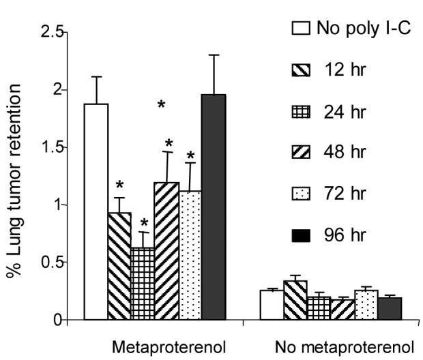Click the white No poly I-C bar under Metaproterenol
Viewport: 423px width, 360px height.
coord(96,211)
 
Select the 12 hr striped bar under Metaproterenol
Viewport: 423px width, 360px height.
coord(120,266)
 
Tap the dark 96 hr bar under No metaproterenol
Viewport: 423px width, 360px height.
coord(390,308)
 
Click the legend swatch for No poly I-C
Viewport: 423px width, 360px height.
coord(302,28)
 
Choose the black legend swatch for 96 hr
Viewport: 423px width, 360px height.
coord(302,236)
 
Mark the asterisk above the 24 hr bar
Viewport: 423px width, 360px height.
coord(145,224)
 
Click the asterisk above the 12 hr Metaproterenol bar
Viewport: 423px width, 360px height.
coord(120,185)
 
